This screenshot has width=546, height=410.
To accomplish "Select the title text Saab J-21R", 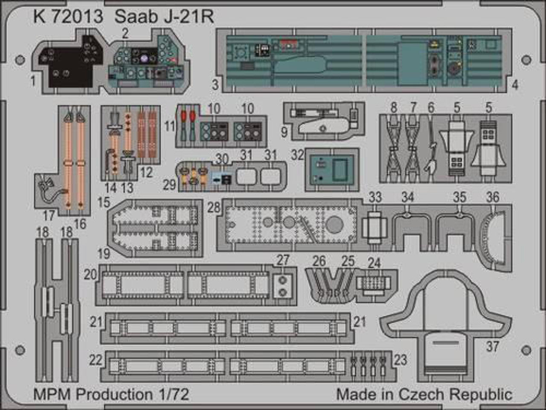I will [x=164, y=16].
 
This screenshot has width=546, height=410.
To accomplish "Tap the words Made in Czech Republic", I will [x=424, y=394].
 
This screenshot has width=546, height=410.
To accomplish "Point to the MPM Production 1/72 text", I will [x=111, y=394].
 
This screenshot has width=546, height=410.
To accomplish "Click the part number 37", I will [x=492, y=346].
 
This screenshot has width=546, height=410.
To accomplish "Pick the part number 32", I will [x=298, y=155].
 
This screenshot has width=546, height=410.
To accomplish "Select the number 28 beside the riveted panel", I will [x=214, y=208].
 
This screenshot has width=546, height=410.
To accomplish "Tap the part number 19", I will [x=104, y=254].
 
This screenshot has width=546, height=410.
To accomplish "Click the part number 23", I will [x=400, y=360].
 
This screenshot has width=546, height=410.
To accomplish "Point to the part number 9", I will [x=284, y=132].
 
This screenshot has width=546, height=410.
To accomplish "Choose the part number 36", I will [x=493, y=197].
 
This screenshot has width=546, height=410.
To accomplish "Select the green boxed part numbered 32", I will [x=332, y=170].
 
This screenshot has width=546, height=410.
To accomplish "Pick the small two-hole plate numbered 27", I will [x=282, y=286].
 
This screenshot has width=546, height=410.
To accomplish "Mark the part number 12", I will [x=146, y=173].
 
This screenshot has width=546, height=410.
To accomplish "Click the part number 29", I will [x=169, y=184].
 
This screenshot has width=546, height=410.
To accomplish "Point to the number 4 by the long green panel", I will [x=515, y=85].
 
